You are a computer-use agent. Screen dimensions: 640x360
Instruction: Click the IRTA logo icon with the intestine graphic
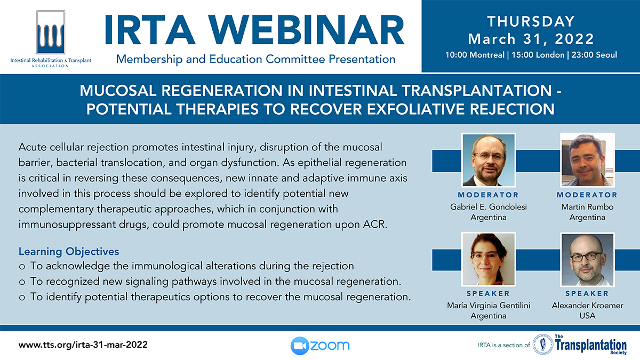[51, 33]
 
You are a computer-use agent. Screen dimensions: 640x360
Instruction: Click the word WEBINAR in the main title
[306, 30]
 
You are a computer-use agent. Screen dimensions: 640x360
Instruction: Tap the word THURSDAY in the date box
[531, 21]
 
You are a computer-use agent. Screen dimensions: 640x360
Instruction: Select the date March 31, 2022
[531, 39]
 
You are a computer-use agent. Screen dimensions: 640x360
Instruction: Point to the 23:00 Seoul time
[594, 55]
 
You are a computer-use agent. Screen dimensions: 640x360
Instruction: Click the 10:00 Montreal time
[475, 55]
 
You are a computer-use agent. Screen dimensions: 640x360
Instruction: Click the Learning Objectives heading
[69, 251]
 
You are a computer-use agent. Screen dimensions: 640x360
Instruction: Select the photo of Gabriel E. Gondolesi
[489, 160]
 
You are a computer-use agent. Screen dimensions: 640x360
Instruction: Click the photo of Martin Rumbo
[587, 160]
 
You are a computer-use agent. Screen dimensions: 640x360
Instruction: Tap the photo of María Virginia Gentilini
[489, 259]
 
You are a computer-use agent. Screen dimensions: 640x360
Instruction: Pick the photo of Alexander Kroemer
[587, 259]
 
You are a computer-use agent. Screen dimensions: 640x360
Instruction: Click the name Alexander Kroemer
[587, 306]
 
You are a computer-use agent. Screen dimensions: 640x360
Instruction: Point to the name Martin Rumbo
[587, 207]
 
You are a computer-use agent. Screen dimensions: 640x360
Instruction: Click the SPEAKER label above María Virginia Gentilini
[489, 293]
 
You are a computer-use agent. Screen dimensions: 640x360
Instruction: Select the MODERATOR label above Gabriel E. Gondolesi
[489, 195]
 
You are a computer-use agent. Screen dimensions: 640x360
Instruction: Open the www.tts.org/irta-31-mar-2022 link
[83, 345]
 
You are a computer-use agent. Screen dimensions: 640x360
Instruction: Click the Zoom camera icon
[299, 346]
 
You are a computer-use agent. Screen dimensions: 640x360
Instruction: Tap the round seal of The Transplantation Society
[543, 345]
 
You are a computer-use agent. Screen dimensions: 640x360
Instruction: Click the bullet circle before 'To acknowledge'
[22, 267]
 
